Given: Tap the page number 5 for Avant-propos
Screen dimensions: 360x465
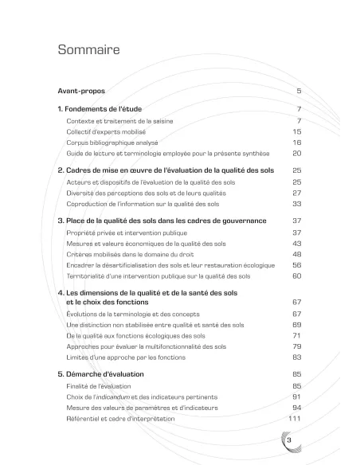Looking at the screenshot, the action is (x=299, y=92).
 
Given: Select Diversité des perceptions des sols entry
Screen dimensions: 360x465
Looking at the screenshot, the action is (x=140, y=193).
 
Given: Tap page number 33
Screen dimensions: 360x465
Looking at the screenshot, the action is (x=297, y=204).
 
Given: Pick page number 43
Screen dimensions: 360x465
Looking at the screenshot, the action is (x=297, y=244).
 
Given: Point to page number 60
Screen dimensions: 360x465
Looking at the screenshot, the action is (x=297, y=275).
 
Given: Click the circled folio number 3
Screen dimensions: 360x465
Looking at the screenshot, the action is (x=288, y=440).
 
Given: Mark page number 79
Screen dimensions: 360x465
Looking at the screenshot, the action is (x=297, y=346).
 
